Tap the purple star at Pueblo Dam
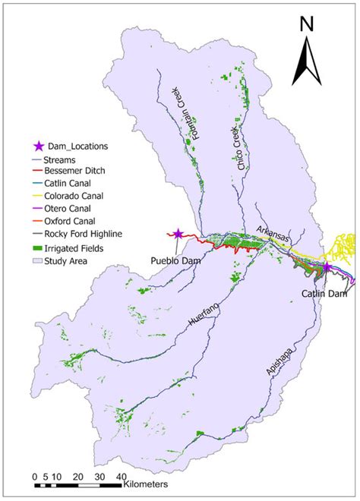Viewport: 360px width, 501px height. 178,235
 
